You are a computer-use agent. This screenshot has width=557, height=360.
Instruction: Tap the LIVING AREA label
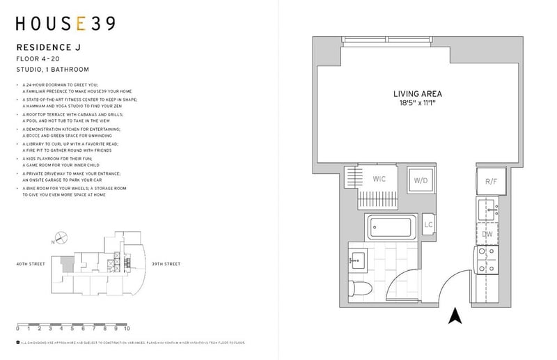click(417, 93)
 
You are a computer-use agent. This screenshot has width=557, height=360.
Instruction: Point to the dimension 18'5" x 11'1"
click(417, 103)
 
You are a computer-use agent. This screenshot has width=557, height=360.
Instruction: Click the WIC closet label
click(379, 179)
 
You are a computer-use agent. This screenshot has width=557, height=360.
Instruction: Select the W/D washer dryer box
click(421, 181)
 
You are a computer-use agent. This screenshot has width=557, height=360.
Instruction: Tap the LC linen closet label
click(429, 225)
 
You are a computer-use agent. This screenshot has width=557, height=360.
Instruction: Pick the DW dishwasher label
click(488, 234)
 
